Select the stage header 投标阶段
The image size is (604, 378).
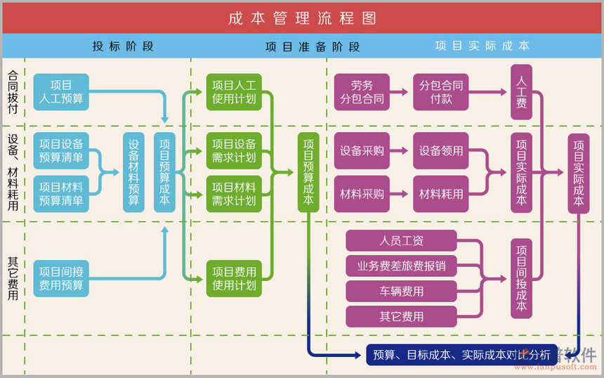[123, 46]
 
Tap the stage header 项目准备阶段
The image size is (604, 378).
[313, 47]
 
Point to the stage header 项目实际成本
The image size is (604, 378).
[482, 46]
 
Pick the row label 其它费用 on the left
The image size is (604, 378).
[13, 278]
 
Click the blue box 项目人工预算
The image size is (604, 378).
[61, 92]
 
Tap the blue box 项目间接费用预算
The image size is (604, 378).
[61, 278]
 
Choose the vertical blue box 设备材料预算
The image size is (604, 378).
[133, 172]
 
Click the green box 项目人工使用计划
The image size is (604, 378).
[234, 92]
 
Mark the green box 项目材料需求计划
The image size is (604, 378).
[234, 194]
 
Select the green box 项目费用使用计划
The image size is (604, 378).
[234, 278]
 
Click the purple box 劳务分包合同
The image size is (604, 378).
[362, 92]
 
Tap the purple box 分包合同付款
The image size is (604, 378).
[441, 92]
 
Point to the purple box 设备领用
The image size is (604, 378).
[441, 150]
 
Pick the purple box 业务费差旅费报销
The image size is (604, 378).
[401, 266]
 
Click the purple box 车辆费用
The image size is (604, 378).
[401, 291]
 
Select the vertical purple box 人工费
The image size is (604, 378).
[521, 92]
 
